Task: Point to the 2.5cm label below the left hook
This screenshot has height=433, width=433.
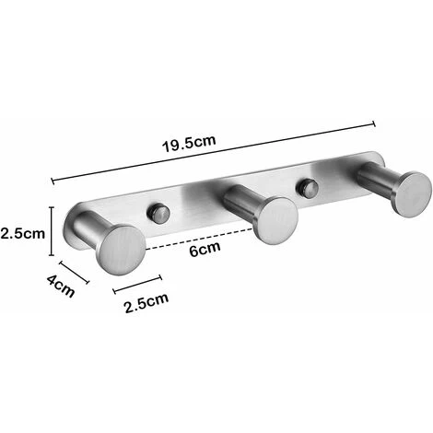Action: [146, 298]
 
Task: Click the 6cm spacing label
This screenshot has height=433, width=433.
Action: [211, 251]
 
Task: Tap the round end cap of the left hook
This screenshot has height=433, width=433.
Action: [122, 246]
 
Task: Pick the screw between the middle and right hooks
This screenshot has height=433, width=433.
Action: [305, 189]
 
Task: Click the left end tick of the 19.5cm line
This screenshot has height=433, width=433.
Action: [53, 181]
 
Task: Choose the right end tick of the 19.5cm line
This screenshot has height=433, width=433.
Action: [374, 123]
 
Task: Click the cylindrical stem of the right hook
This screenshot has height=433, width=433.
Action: [376, 178]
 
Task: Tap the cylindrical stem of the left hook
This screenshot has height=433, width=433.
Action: [90, 230]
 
